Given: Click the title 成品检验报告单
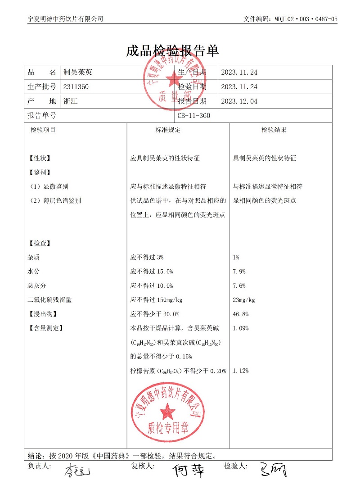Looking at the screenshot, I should pyautogui.click(x=172, y=51).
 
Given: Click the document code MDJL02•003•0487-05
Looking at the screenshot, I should pyautogui.click(x=305, y=19).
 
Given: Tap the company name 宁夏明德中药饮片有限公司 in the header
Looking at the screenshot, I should pyautogui.click(x=65, y=19).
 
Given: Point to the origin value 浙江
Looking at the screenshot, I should pyautogui.click(x=71, y=101).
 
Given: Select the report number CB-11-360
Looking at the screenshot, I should pyautogui.click(x=193, y=116).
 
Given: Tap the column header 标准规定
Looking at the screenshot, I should pyautogui.click(x=168, y=130).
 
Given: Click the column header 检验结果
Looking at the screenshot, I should pyautogui.click(x=274, y=130).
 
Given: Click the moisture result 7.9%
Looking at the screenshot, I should pyautogui.click(x=239, y=272).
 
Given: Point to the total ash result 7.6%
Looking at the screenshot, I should pyautogui.click(x=239, y=286).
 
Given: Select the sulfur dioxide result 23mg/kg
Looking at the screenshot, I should pyautogui.click(x=244, y=300).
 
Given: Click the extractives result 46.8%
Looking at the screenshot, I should pyautogui.click(x=241, y=314).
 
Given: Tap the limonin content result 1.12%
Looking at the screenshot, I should pyautogui.click(x=241, y=371).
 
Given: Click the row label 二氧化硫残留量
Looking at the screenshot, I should pyautogui.click(x=49, y=300).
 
